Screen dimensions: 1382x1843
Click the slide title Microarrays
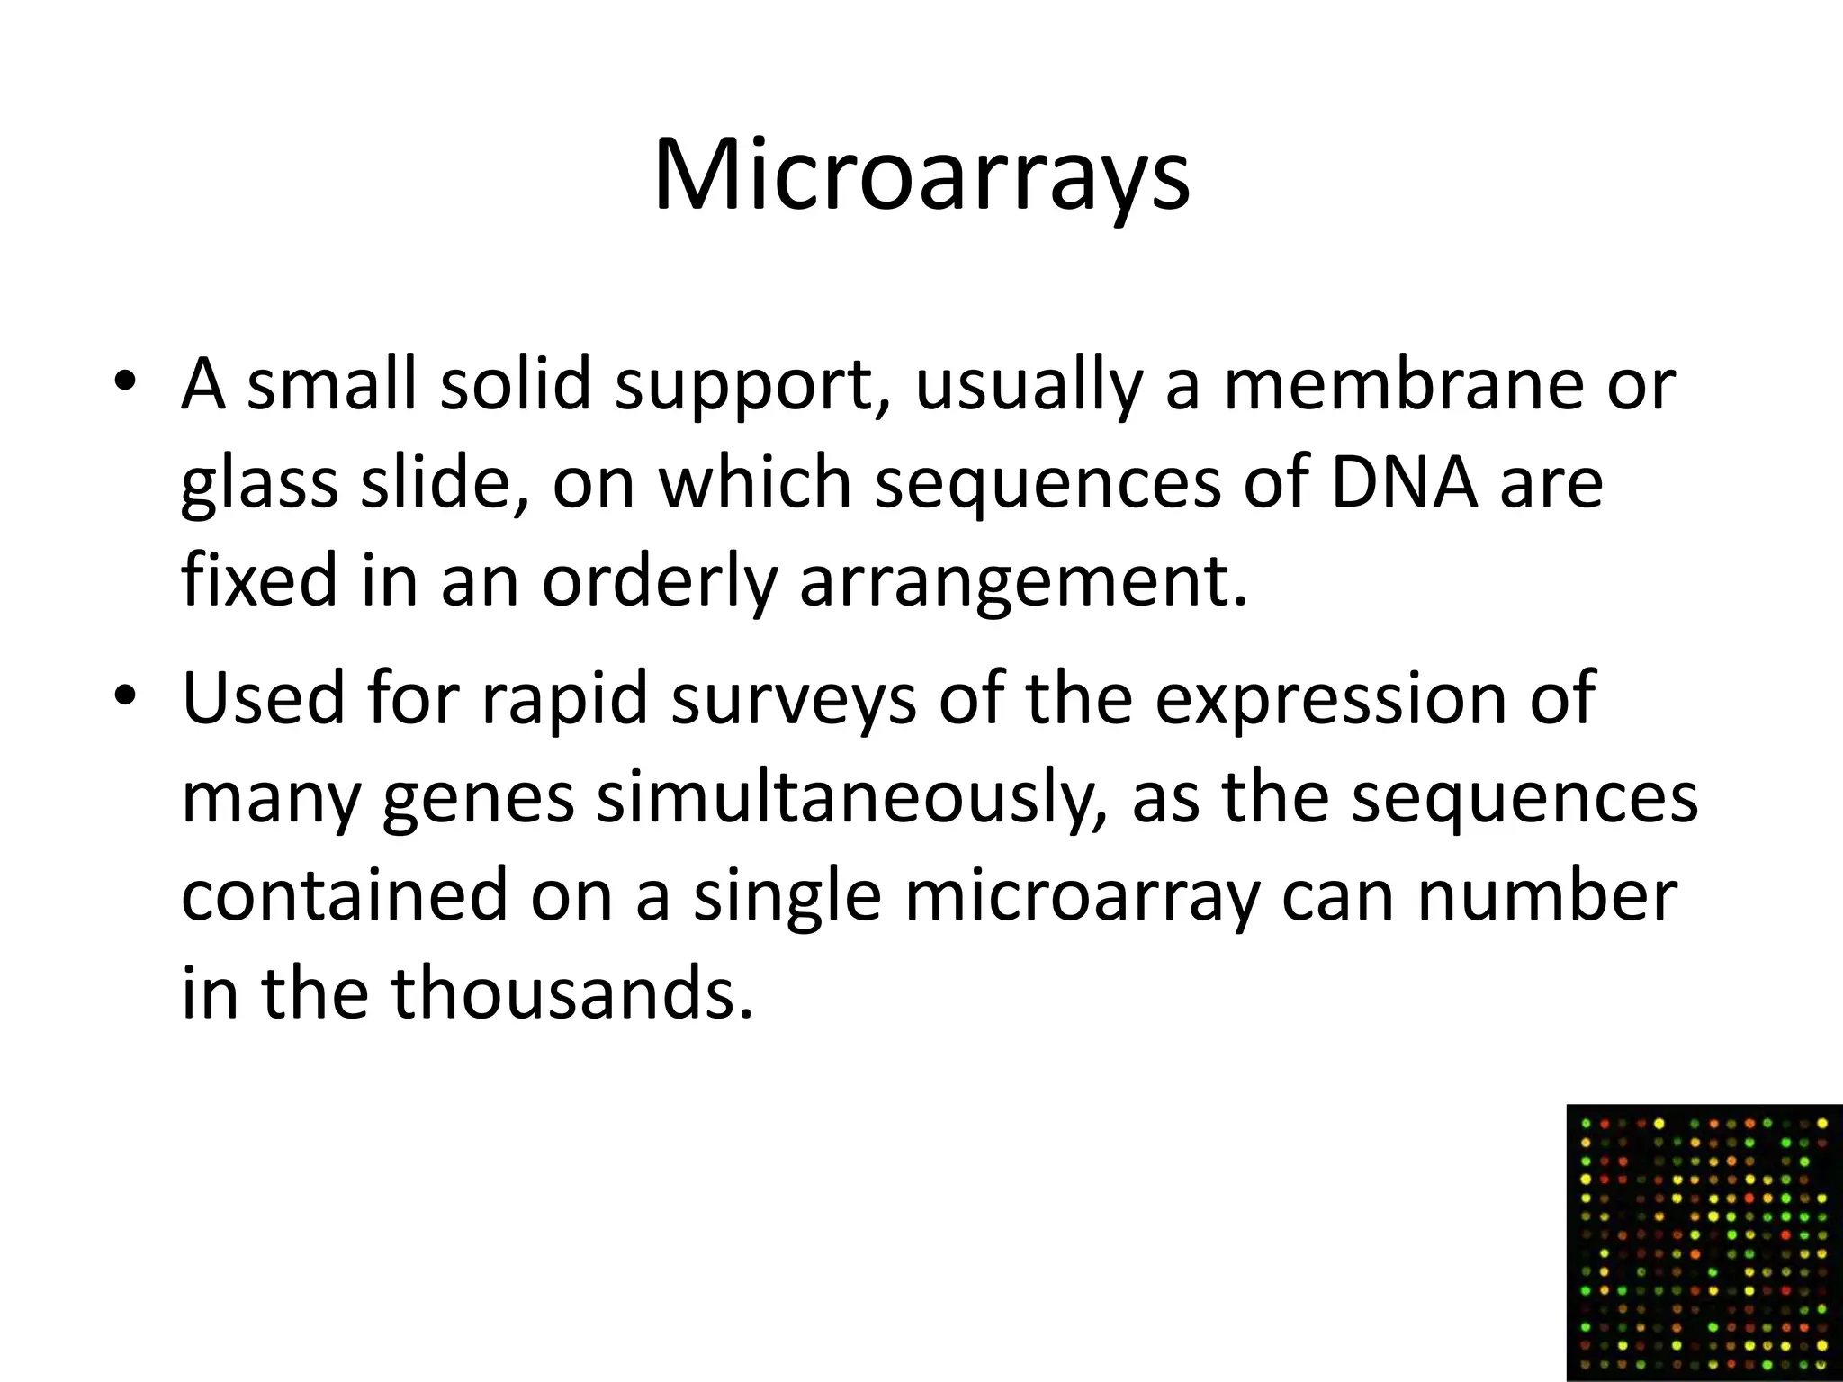(x=921, y=177)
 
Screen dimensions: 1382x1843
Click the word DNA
(x=1405, y=483)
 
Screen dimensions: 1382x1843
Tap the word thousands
(x=571, y=992)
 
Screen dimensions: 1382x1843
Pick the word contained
(x=345, y=895)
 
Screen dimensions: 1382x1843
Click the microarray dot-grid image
(x=1704, y=1242)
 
